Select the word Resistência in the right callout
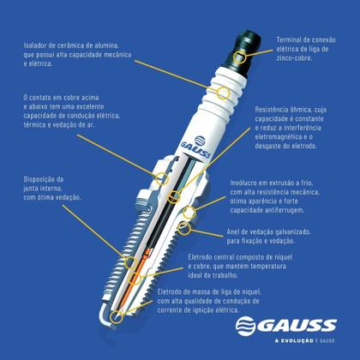click(271, 110)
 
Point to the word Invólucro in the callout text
click(243, 183)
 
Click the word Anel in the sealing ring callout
click(233, 231)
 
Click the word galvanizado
click(289, 231)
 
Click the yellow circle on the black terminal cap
click(240, 57)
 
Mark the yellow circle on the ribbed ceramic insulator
click(223, 93)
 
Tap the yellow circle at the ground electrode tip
click(116, 317)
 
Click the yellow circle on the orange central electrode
click(135, 278)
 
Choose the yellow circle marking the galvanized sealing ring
click(184, 229)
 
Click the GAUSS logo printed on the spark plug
click(197, 147)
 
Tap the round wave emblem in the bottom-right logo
click(245, 326)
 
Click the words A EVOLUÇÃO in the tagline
click(294, 341)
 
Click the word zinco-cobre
click(294, 58)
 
